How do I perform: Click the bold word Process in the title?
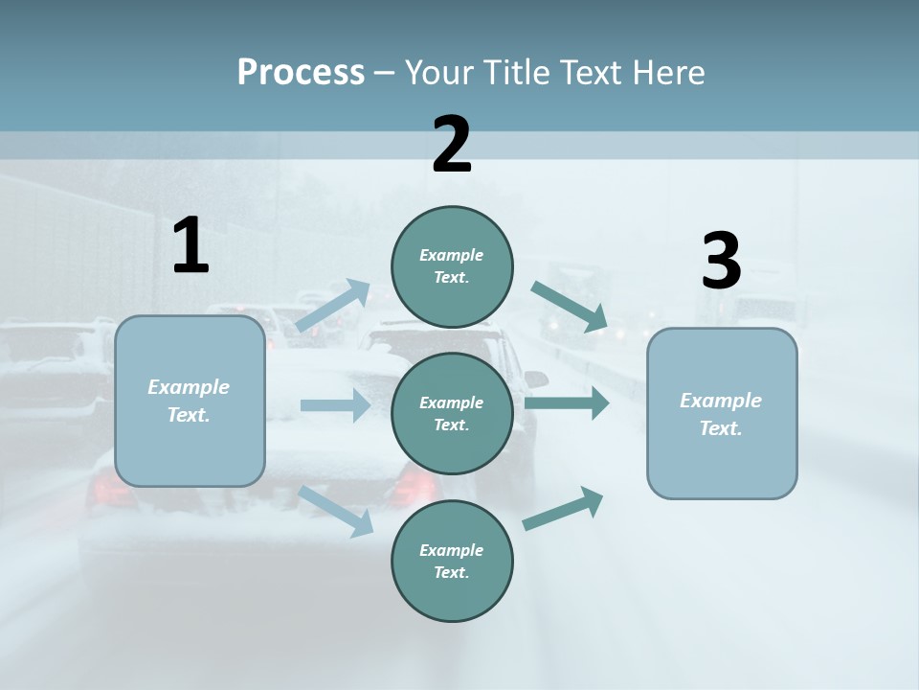[301, 72]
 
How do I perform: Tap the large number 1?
[191, 246]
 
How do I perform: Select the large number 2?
[452, 145]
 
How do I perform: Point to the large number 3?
[721, 261]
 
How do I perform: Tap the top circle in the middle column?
[452, 266]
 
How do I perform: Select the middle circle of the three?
[452, 413]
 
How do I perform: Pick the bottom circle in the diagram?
[452, 561]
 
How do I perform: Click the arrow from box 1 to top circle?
[332, 305]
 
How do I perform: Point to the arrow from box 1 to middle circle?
[334, 405]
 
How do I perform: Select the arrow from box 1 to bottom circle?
[336, 511]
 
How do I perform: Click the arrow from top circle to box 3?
[570, 307]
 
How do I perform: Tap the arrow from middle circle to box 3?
[567, 402]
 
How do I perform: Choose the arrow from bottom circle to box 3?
[563, 508]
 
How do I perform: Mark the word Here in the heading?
[669, 72]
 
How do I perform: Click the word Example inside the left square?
[189, 387]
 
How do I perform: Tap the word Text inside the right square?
[720, 428]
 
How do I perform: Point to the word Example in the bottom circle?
[451, 550]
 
